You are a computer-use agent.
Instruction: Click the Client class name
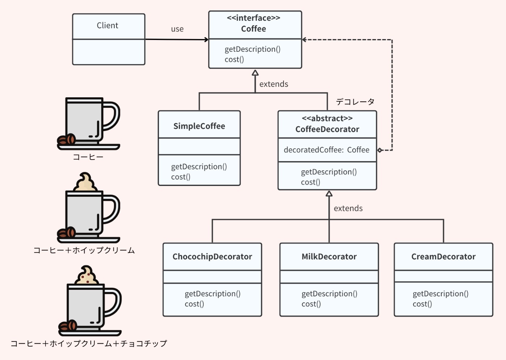pyautogui.click(x=107, y=25)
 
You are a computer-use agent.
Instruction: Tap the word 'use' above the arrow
pyautogui.click(x=177, y=29)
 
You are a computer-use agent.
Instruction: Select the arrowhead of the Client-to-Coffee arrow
pyautogui.click(x=207, y=39)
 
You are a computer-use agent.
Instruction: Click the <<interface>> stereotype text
pyautogui.click(x=254, y=18)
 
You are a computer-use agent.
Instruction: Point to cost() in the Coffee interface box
pyautogui.click(x=234, y=59)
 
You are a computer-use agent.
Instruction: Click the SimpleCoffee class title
pyautogui.click(x=199, y=126)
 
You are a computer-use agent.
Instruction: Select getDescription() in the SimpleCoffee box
pyautogui.click(x=199, y=166)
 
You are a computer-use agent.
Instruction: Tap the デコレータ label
pyautogui.click(x=355, y=102)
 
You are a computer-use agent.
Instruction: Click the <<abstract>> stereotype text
pyautogui.click(x=327, y=118)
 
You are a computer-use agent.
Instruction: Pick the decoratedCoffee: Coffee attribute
pyautogui.click(x=327, y=150)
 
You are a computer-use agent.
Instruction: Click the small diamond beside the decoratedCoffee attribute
pyautogui.click(x=380, y=150)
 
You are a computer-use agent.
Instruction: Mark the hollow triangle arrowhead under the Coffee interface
pyautogui.click(x=255, y=73)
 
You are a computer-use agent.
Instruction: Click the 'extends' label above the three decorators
pyautogui.click(x=348, y=208)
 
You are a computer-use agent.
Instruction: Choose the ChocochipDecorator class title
pyautogui.click(x=212, y=257)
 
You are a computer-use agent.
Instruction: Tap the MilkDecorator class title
pyautogui.click(x=329, y=257)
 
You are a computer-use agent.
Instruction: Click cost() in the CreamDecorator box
pyautogui.click(x=422, y=304)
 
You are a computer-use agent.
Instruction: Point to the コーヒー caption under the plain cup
pyautogui.click(x=88, y=157)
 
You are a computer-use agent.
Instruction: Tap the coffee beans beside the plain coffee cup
pyautogui.click(x=67, y=139)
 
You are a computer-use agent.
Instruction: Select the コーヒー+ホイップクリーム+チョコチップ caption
pyautogui.click(x=89, y=343)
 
